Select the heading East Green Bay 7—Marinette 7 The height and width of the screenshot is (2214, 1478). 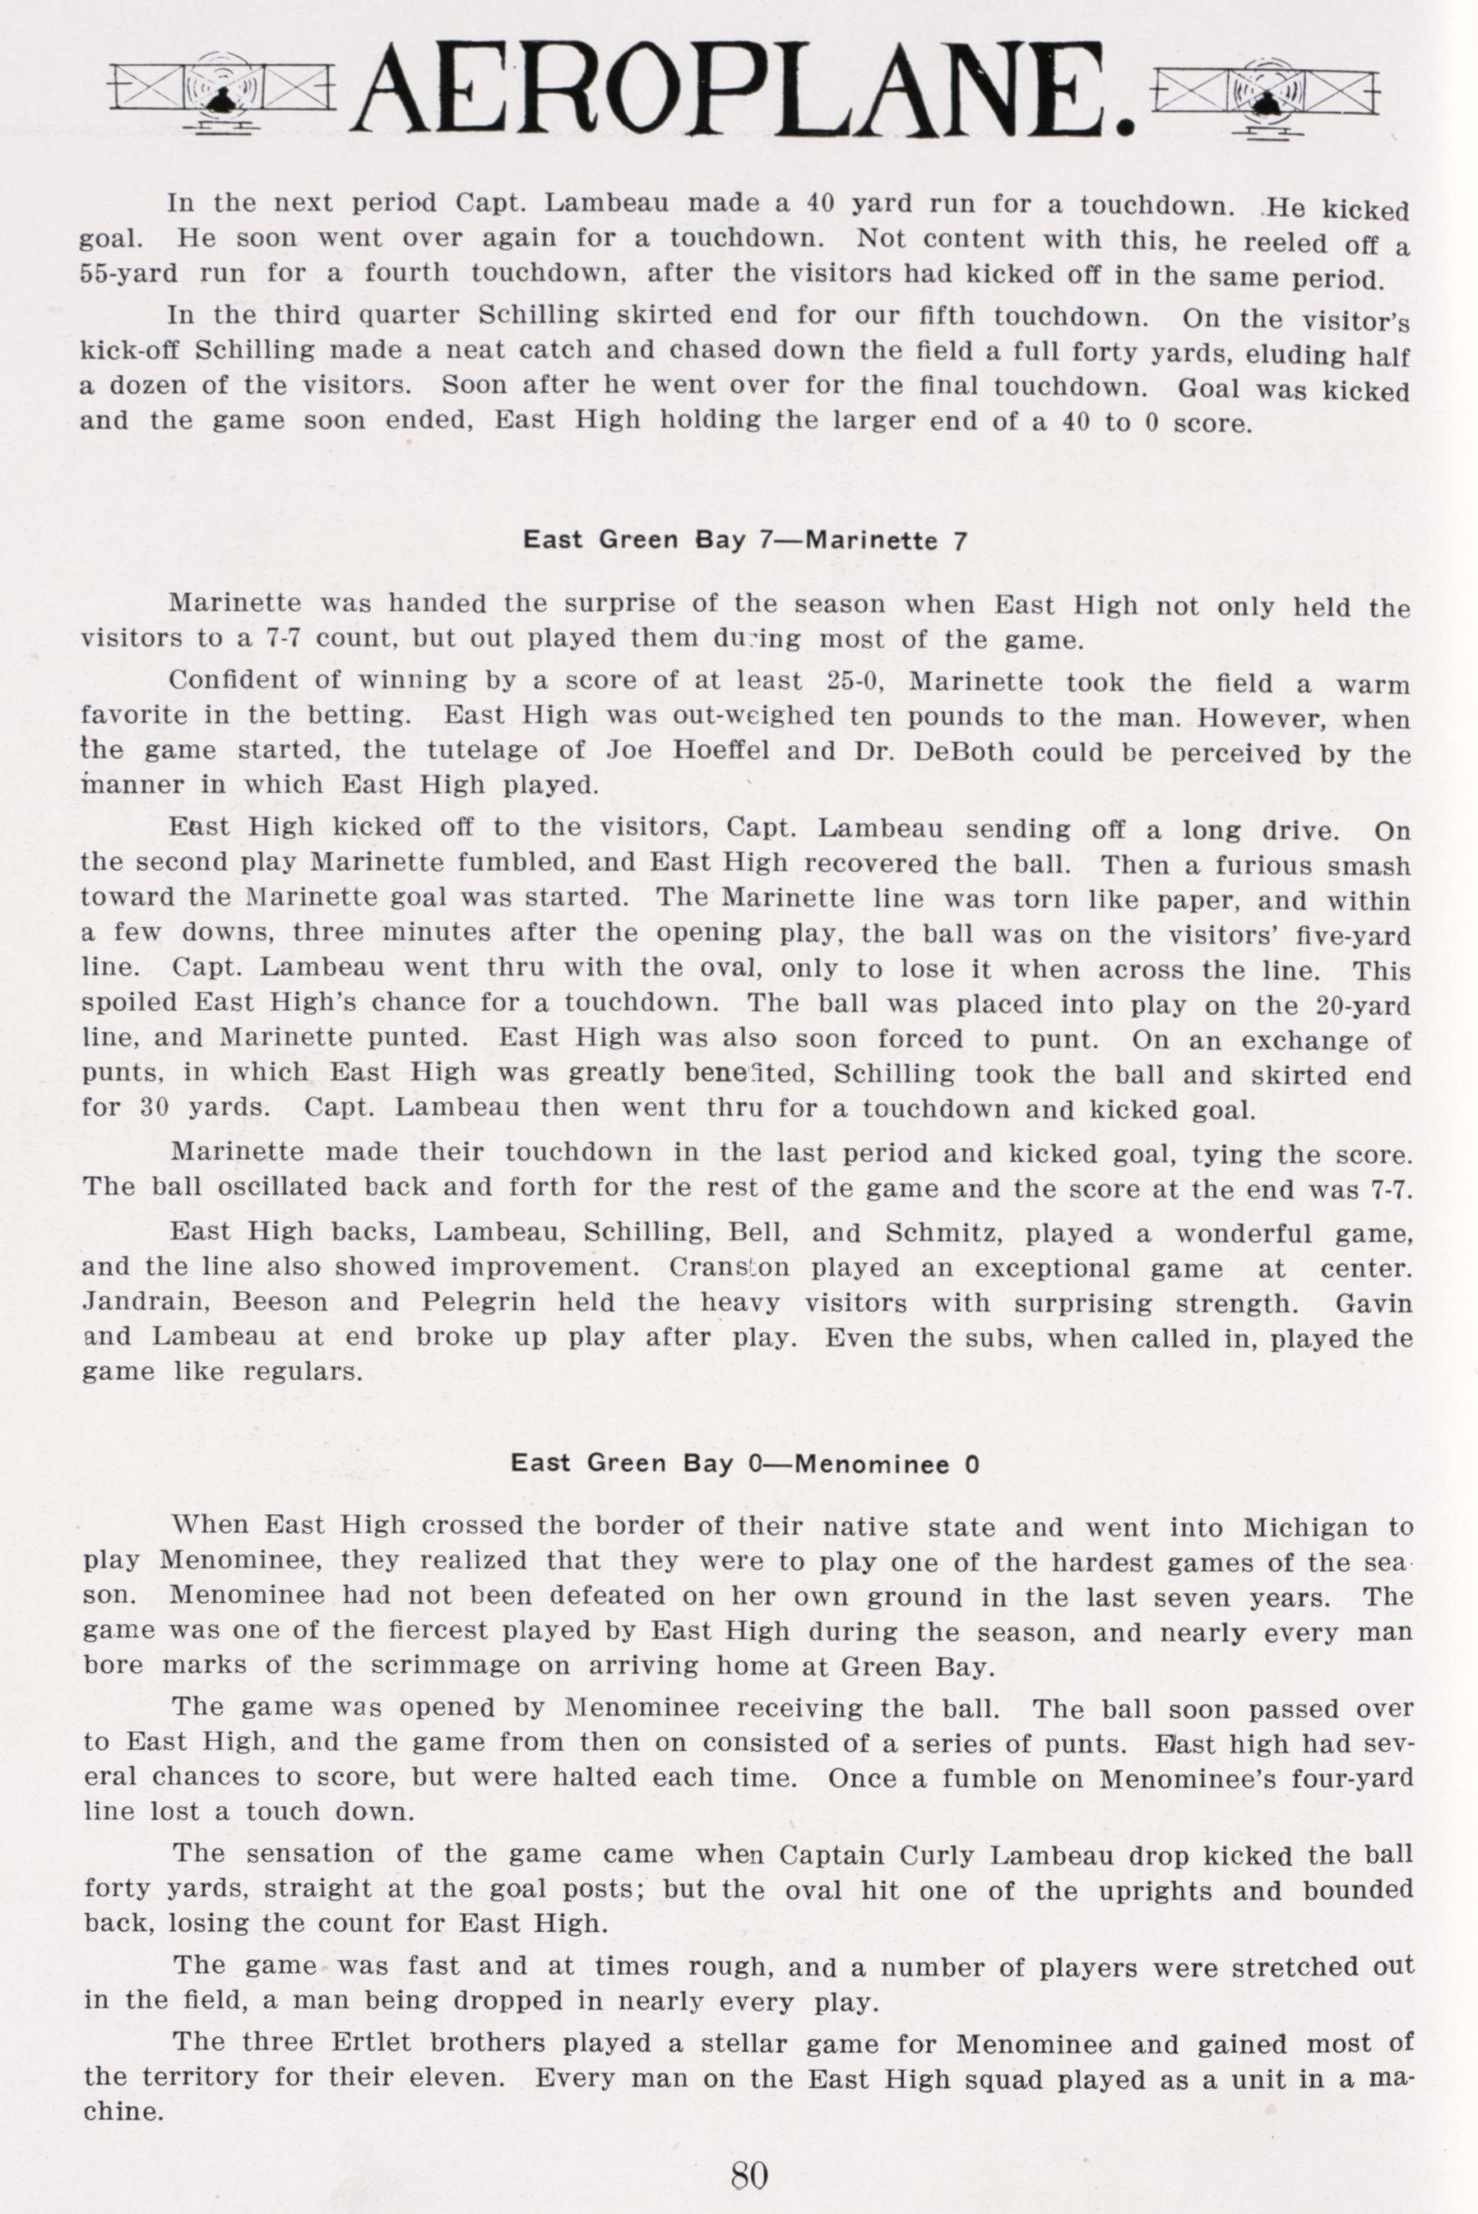[x=744, y=540]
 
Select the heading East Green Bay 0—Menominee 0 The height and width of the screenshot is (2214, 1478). [x=744, y=1464]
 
